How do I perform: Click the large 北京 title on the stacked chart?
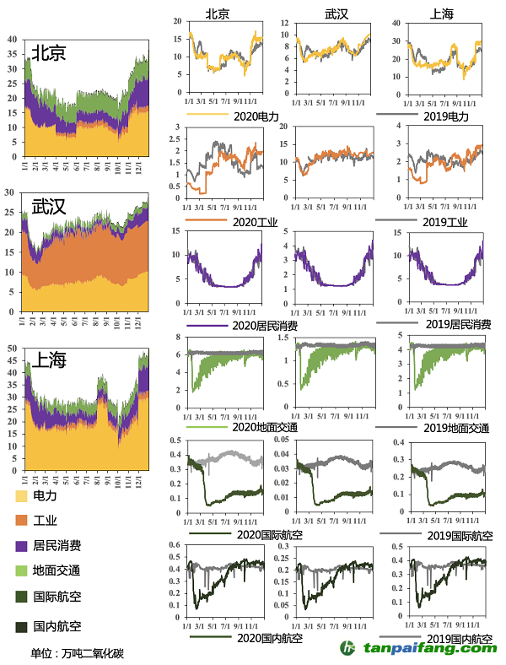(49, 52)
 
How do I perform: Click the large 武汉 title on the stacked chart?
(49, 206)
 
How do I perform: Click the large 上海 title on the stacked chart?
(49, 360)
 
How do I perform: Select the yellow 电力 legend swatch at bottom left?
(21, 495)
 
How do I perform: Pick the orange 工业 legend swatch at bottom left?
(21, 521)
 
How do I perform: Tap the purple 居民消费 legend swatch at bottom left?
(21, 547)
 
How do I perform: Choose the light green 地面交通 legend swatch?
(21, 572)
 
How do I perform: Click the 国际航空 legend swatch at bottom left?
(21, 597)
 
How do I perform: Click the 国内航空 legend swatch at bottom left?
(21, 626)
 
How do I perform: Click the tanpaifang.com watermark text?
(430, 648)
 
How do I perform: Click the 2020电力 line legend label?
(256, 116)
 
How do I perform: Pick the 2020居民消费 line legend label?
(264, 325)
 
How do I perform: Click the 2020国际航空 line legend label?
(269, 535)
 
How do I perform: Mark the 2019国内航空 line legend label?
(460, 638)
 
